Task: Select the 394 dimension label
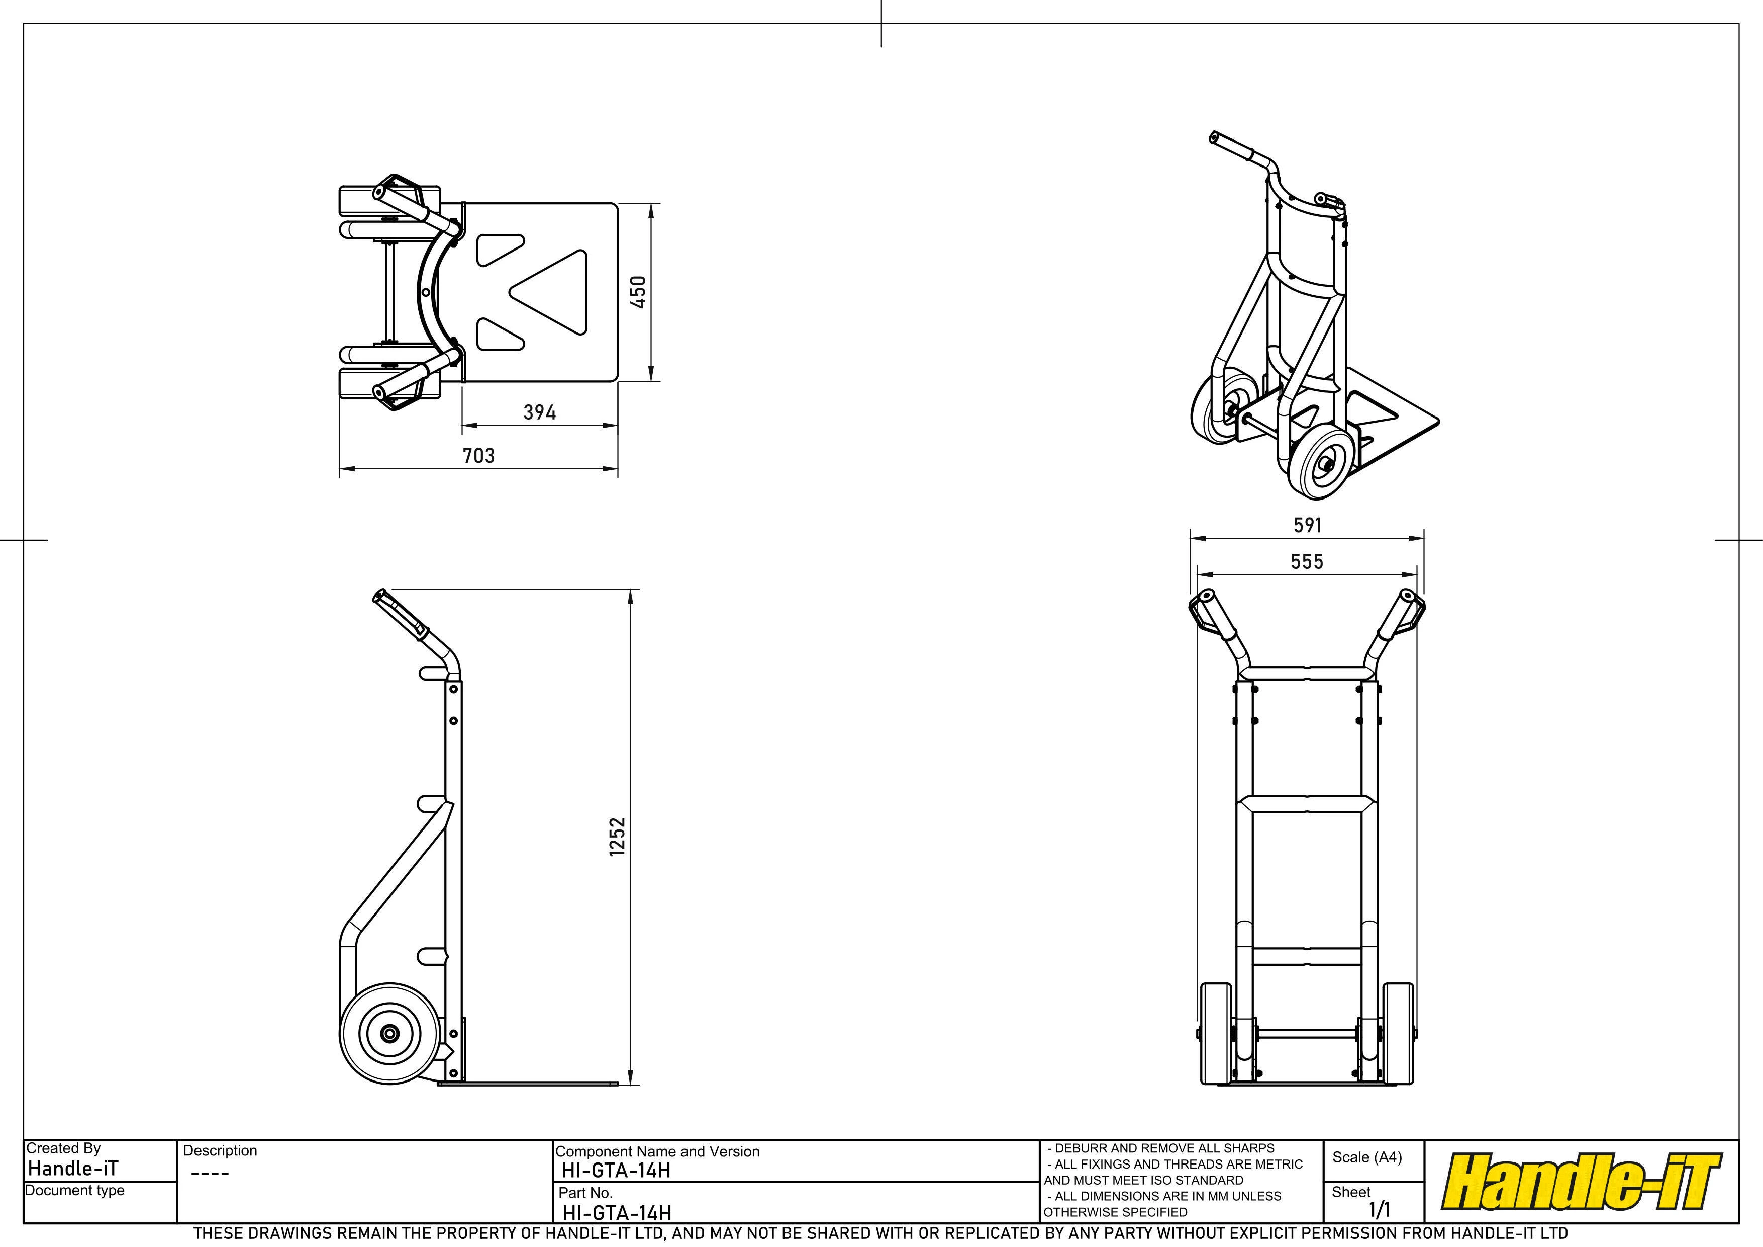coord(540,412)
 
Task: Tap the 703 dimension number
coord(478,456)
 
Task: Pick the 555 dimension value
coord(1307,562)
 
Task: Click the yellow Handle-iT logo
coord(1582,1182)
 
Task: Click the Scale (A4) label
coord(1367,1157)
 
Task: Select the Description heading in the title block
coord(220,1150)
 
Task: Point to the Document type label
coord(74,1190)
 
